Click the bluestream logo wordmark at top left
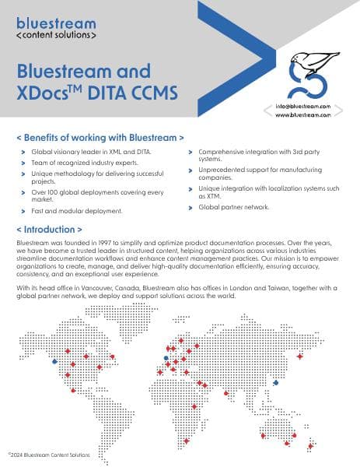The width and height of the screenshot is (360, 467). tap(56, 23)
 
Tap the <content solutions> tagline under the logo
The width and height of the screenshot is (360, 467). tap(56, 36)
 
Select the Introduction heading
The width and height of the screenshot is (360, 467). tap(49, 230)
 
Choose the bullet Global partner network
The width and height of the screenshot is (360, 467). tap(234, 207)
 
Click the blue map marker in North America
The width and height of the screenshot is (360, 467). tap(54, 361)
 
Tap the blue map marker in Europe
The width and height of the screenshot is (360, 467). tap(166, 358)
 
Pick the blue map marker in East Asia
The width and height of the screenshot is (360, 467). tap(276, 382)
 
